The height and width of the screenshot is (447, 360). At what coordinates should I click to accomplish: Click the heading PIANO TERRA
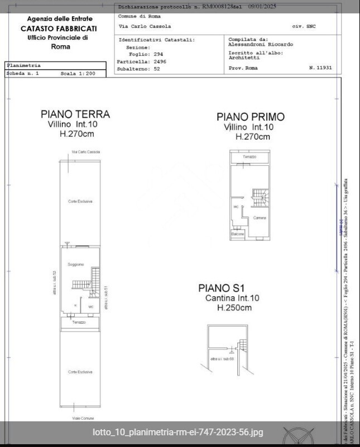coord(75,114)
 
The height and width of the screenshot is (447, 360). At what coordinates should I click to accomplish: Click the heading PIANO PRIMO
coord(251,117)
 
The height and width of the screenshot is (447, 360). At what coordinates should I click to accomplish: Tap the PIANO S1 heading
coord(222,288)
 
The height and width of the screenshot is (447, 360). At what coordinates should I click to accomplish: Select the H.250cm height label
coord(234,308)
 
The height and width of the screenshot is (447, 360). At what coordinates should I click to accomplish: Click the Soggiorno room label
coord(76,264)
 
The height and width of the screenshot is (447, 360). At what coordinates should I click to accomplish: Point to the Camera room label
coord(259,217)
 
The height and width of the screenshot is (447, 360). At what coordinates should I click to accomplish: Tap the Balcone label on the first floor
coord(238,234)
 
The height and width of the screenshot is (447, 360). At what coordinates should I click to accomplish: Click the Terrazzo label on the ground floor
coord(79,322)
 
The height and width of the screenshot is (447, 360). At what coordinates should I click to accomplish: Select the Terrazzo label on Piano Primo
coord(249,157)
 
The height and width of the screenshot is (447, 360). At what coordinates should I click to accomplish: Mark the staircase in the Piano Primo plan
coord(261,197)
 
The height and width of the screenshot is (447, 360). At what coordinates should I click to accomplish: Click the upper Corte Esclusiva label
coord(80,201)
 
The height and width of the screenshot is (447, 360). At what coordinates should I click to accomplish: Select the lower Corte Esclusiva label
coord(80,372)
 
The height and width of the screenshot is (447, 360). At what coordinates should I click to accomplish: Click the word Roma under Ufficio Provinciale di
coord(60,47)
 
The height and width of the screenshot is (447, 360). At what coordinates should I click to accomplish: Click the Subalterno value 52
coord(157,69)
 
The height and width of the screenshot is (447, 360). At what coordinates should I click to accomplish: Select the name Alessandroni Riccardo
coord(261,45)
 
